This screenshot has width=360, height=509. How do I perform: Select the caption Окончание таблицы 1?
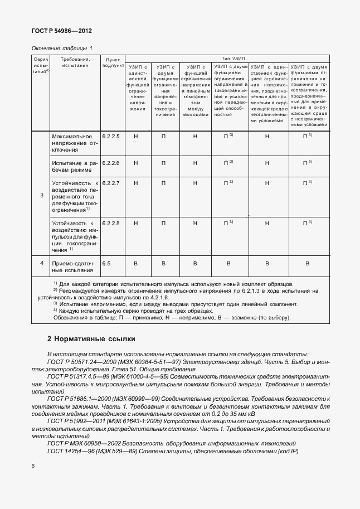pos(62,48)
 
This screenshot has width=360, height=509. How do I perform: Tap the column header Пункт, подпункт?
pos(113,62)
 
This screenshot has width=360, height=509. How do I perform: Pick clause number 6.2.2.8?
pos(111,223)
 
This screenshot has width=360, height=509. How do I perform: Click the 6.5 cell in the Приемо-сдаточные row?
pos(106,263)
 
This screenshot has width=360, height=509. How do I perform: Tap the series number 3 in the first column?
pos(42,196)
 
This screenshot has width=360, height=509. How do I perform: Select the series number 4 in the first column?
pos(42,263)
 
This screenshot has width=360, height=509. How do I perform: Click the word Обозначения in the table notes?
pos(71,318)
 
